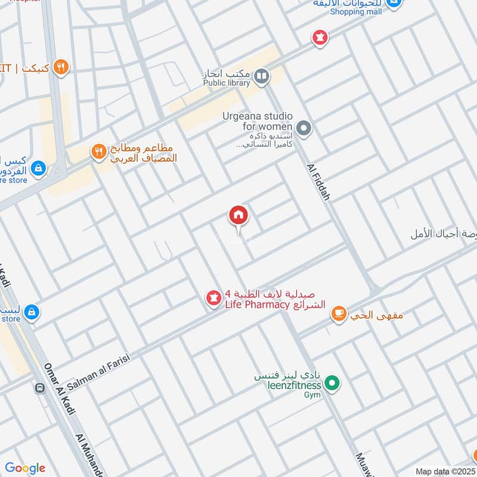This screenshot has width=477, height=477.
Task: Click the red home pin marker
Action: [x=238, y=215]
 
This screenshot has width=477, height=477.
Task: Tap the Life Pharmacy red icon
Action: [x=213, y=298]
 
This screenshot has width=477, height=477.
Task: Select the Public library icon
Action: [x=261, y=76]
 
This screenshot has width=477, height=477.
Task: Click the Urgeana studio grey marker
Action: [x=304, y=128]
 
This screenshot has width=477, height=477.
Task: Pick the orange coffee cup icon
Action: [x=339, y=314]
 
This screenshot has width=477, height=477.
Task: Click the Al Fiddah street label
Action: [x=318, y=181]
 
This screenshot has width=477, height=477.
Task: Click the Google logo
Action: [x=25, y=468]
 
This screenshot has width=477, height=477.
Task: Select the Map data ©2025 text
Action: [x=445, y=471]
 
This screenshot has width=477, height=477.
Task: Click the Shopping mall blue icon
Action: [x=394, y=4]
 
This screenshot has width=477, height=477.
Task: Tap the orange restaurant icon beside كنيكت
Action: [x=60, y=67]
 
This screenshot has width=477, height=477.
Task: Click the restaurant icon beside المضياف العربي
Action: [x=98, y=151]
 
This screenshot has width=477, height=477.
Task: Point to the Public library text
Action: [x=227, y=83]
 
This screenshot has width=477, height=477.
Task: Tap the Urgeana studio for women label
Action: [x=258, y=122]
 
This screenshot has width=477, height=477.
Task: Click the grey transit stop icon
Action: [x=40, y=387]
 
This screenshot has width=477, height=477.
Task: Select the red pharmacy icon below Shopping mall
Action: [x=321, y=38]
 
